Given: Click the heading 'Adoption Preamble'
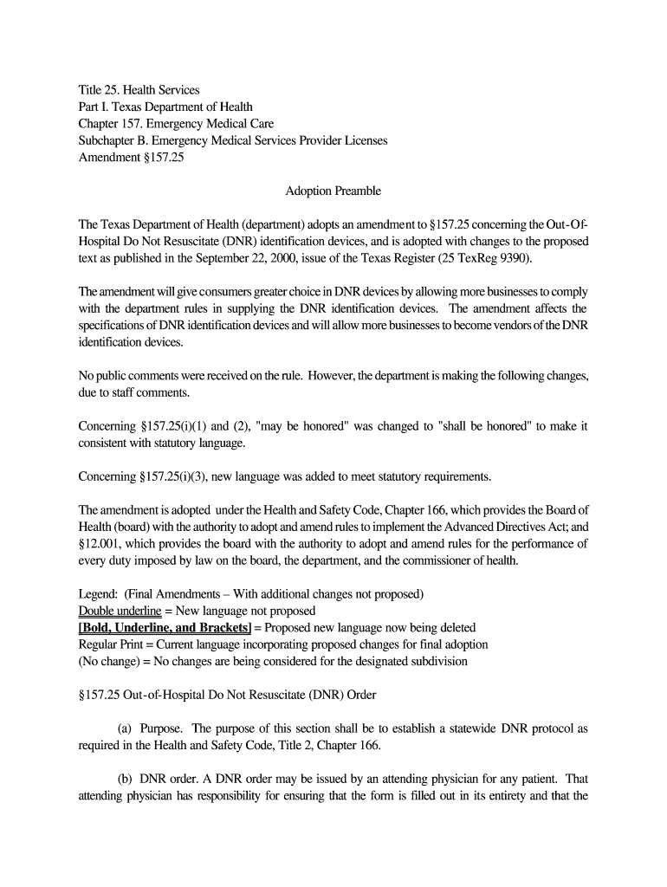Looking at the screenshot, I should point(333,191).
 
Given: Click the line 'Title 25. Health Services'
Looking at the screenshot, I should point(139,90).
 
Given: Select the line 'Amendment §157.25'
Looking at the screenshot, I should point(131,157).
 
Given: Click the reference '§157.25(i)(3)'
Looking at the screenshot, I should point(172,476).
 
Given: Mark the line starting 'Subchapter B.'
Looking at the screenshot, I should point(232,140).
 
